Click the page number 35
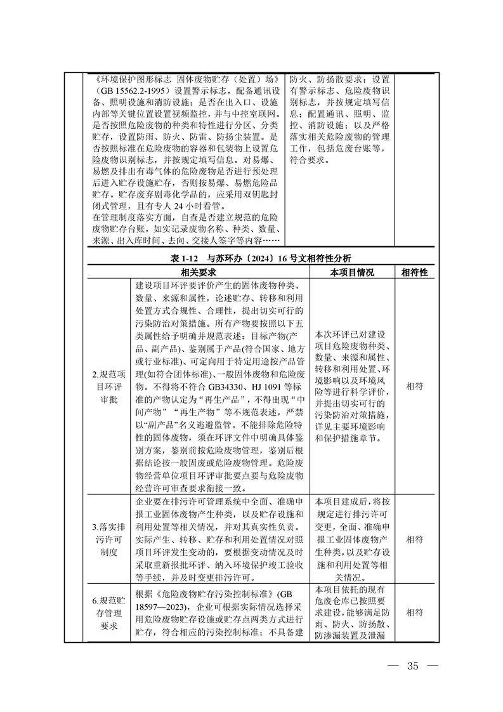[414, 666]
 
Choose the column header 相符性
[414, 272]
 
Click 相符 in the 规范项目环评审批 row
[414, 385]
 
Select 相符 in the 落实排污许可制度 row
[414, 539]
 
